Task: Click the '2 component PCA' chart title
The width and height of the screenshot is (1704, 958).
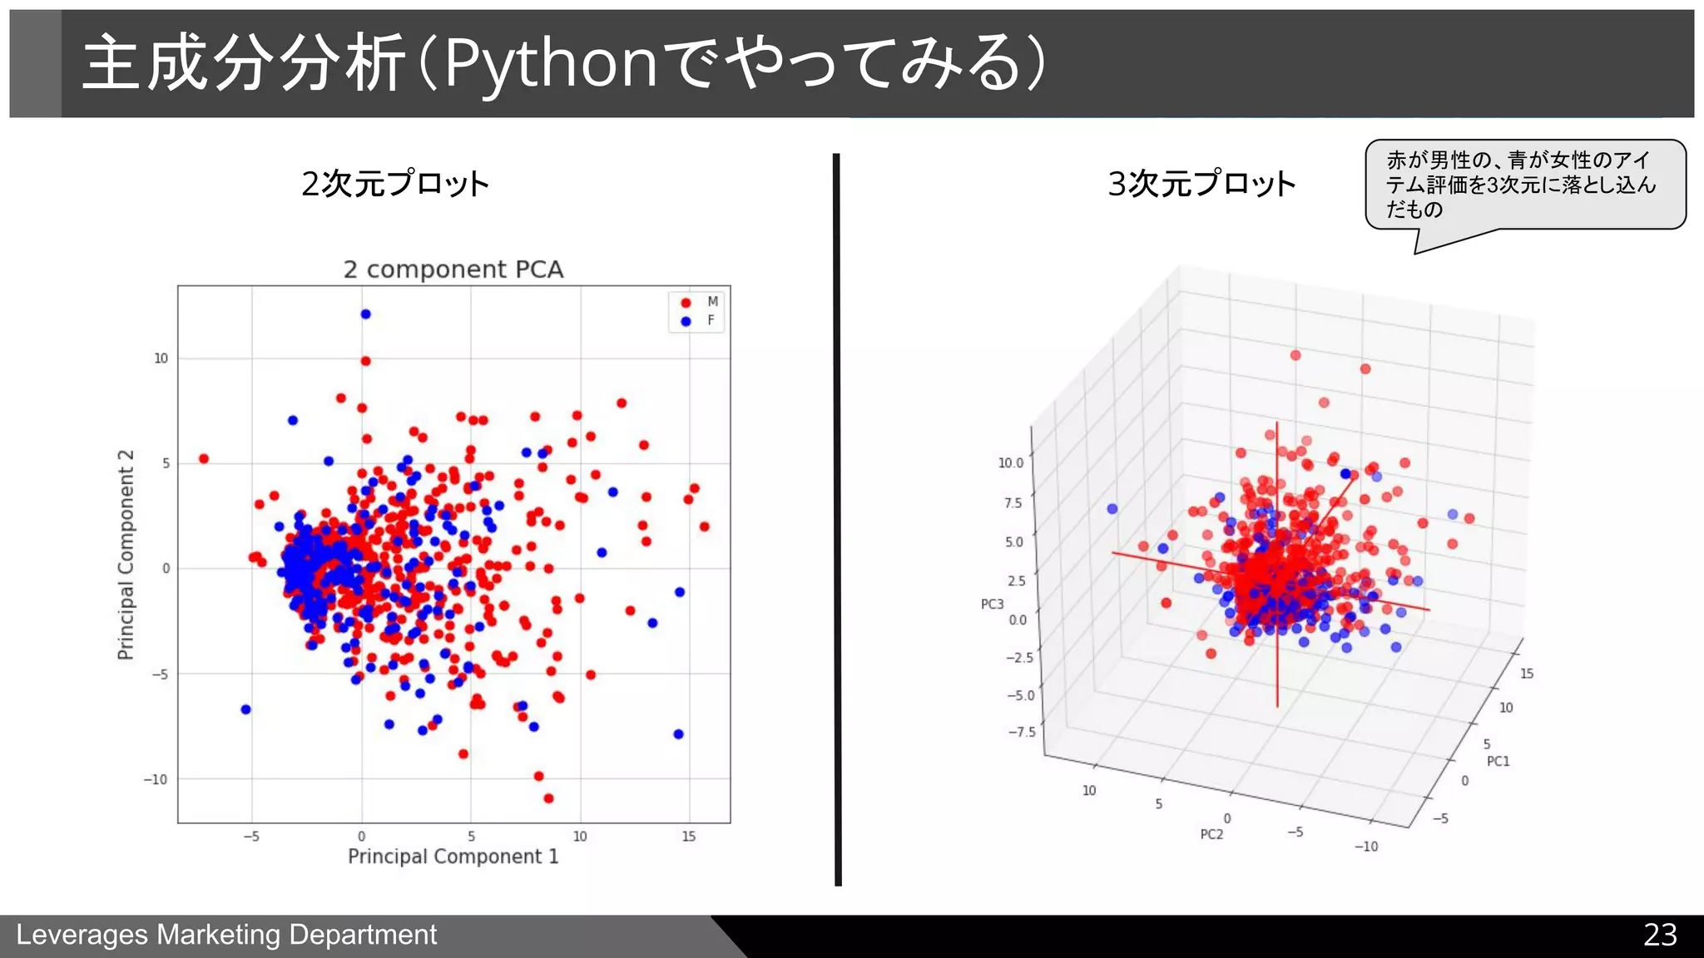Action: [453, 269]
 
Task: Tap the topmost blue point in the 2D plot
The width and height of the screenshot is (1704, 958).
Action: [365, 314]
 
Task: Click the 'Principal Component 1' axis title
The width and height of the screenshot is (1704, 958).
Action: [453, 857]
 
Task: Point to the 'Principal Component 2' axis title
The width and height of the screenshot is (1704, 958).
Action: [126, 555]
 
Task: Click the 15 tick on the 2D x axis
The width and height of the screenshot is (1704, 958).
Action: [688, 837]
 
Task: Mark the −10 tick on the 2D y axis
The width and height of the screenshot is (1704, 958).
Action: [156, 779]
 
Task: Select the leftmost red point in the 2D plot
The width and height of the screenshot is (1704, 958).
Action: [204, 459]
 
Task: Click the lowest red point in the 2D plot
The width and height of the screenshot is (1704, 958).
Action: [548, 798]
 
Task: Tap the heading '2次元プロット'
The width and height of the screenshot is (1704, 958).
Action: [395, 184]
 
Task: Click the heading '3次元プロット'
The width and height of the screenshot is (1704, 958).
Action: [1201, 184]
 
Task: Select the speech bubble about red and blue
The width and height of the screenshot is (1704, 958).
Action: [1524, 185]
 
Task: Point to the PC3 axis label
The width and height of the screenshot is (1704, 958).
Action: [992, 604]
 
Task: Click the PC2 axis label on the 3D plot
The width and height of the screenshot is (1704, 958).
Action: [1211, 834]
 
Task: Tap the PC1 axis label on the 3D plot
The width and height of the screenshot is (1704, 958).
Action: [1498, 761]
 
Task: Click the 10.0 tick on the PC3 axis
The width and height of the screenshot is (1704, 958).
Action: [1010, 463]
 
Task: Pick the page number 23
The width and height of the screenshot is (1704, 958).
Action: [1659, 935]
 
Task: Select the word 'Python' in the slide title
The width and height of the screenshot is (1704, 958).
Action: [551, 63]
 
